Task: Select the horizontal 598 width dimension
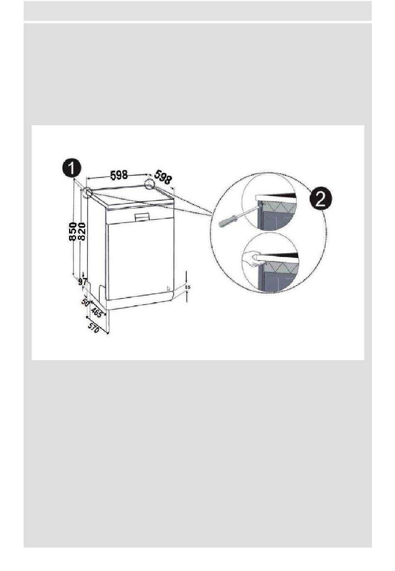click(118, 175)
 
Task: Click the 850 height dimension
click(73, 231)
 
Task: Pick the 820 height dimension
click(81, 231)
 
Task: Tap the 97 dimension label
click(83, 282)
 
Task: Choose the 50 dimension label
click(85, 302)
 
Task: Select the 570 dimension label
click(93, 327)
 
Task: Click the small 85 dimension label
click(188, 287)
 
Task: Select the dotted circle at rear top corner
click(149, 184)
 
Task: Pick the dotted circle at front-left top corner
click(87, 193)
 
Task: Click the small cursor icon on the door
click(168, 289)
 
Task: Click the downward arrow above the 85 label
click(187, 276)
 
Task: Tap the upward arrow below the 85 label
click(187, 296)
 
